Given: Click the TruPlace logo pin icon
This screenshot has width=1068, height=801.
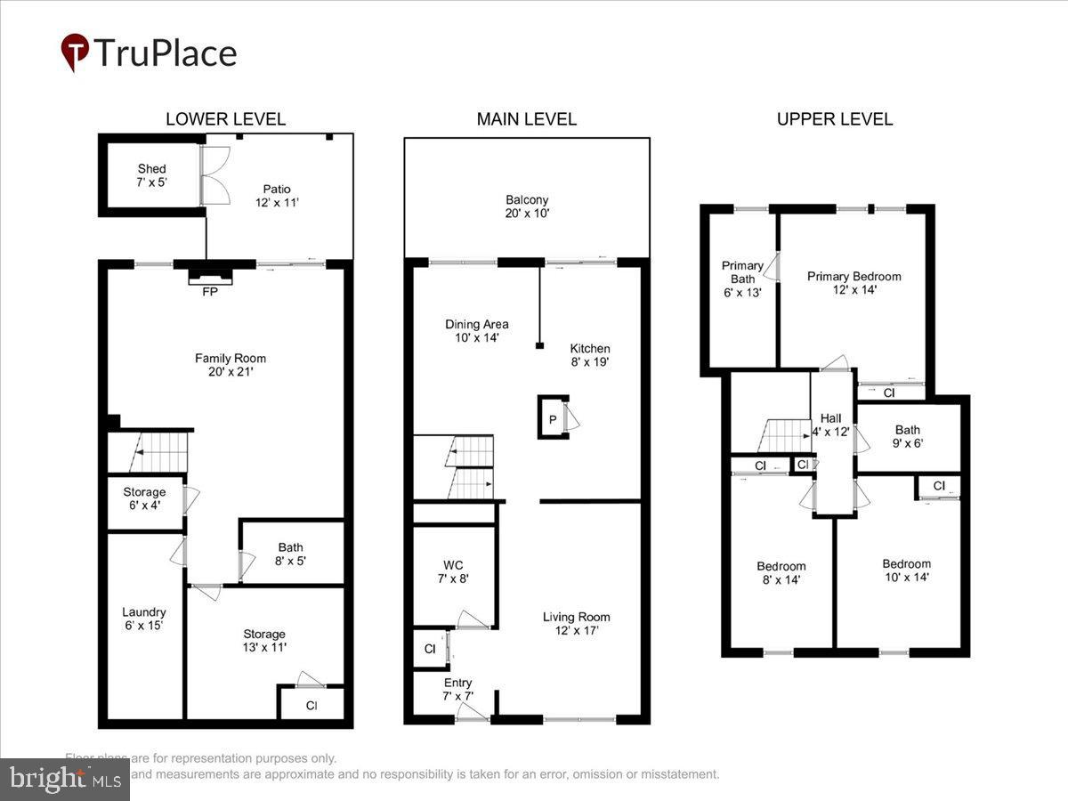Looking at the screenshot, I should tap(75, 53).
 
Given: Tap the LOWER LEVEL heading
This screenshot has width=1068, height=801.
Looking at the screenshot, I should tap(225, 119).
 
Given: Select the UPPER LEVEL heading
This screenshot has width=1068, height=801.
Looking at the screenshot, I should tap(834, 119).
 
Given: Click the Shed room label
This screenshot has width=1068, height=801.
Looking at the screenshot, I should tap(151, 175).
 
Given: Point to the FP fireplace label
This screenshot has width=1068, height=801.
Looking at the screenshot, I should tap(211, 290).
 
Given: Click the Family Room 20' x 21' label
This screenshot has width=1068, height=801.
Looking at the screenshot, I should tap(231, 365).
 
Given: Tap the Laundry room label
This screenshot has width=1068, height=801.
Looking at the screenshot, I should tap(143, 619).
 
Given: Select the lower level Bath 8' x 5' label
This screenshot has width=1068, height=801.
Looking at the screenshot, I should tap(290, 554).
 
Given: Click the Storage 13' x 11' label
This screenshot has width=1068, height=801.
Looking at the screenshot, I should tap(264, 641).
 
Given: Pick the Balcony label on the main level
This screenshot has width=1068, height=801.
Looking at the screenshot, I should tap(527, 206).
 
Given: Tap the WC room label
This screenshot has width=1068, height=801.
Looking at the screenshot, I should tap(452, 571).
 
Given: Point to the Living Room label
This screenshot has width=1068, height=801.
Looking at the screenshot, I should tap(577, 623).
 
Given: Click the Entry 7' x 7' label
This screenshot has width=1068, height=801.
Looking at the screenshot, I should tap(458, 689).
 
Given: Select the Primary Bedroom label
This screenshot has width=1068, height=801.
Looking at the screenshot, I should tap(854, 282).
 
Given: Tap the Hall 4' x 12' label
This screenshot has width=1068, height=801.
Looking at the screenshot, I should tap(831, 425).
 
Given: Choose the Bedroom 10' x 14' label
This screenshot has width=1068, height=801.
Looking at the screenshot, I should tap(906, 570).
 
